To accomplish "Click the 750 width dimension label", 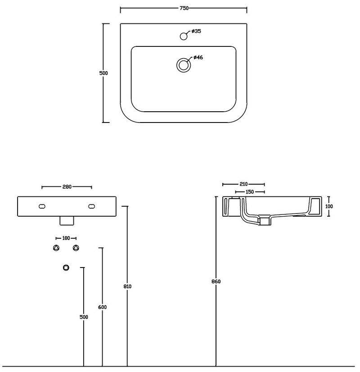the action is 184,8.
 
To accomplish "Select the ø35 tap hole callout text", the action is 196,31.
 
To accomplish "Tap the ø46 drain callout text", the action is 198,57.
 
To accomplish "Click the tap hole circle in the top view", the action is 184,36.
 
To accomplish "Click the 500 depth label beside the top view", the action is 103,73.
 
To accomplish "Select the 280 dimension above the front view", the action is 67,187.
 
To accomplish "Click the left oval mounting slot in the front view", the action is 42,206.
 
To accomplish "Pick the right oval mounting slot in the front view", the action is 91,206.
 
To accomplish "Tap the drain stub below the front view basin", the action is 67,221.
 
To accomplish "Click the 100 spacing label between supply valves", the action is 66,238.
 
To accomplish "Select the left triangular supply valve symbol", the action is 56,248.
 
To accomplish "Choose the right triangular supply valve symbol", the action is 76,248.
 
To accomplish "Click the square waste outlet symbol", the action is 66,268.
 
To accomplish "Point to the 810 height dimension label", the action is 127,286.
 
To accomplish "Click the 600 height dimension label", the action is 102,307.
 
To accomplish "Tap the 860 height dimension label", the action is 216,281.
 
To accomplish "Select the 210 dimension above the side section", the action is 243,184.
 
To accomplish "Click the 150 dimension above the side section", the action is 250,192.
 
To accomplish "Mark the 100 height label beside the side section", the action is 329,206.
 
